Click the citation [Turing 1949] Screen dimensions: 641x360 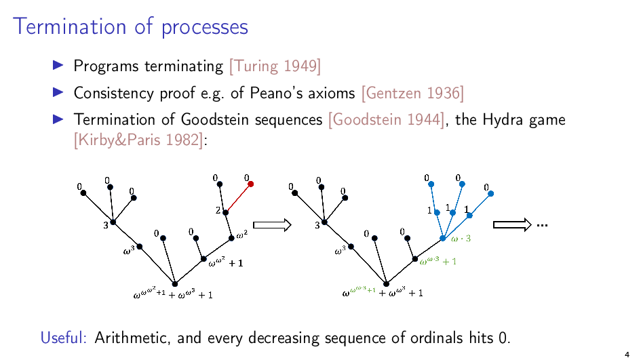click(x=275, y=66)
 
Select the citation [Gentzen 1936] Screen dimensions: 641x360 click(x=413, y=93)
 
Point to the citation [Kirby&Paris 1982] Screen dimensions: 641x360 click(x=138, y=140)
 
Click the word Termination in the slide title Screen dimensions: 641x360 click(x=70, y=26)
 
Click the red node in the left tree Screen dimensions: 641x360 click(x=250, y=184)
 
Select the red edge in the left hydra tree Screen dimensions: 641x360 click(x=238, y=198)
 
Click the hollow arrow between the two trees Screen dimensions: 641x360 click(x=272, y=225)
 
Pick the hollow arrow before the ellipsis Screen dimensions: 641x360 click(x=512, y=224)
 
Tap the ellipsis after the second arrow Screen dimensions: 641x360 click(x=542, y=226)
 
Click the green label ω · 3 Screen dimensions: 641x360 click(x=461, y=239)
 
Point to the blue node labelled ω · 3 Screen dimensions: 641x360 click(x=443, y=238)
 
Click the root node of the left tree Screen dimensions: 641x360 click(x=175, y=284)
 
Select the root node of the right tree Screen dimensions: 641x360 click(x=387, y=284)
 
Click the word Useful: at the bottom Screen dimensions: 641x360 click(x=63, y=338)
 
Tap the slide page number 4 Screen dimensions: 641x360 click(x=627, y=355)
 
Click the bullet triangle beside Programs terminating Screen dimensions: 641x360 click(x=58, y=65)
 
